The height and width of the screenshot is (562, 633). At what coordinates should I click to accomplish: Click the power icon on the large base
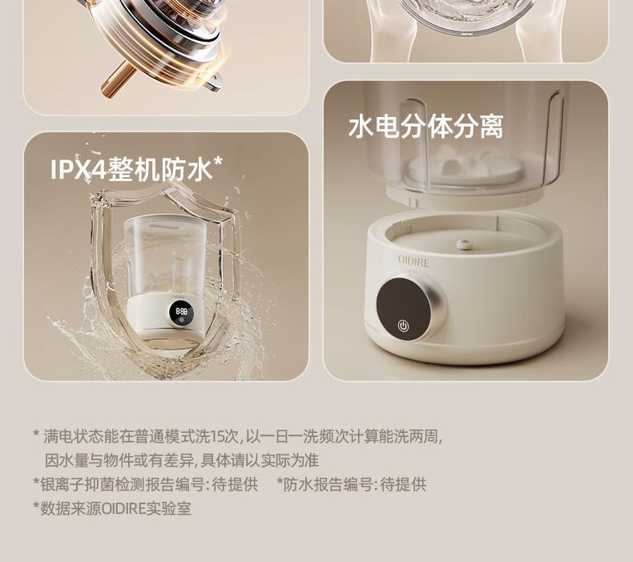coord(402,325)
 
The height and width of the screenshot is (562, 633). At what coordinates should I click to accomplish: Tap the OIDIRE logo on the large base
coord(413,261)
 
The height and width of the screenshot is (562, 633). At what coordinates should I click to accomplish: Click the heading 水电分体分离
coord(426,127)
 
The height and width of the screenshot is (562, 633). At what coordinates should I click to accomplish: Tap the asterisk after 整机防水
coord(218,162)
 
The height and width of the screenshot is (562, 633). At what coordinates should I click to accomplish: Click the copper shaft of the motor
coord(118,80)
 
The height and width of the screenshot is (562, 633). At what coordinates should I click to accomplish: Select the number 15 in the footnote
coord(218,436)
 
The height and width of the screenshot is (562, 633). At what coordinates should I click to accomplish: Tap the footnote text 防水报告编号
coord(328,484)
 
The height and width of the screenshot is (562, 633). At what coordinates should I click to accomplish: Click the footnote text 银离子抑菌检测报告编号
coord(122,484)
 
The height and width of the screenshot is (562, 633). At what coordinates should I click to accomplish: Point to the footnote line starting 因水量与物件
coord(182,461)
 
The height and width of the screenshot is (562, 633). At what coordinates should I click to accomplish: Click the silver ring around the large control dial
coord(440,307)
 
